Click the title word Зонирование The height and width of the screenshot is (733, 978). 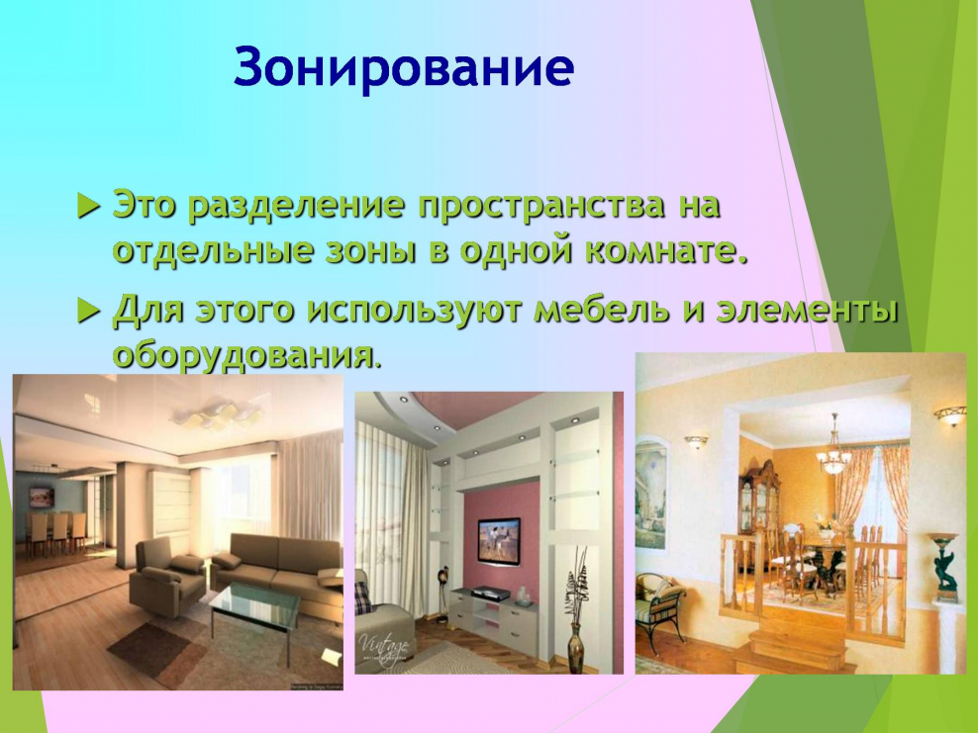coord(403,67)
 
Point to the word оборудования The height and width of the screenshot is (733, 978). coord(244,354)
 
